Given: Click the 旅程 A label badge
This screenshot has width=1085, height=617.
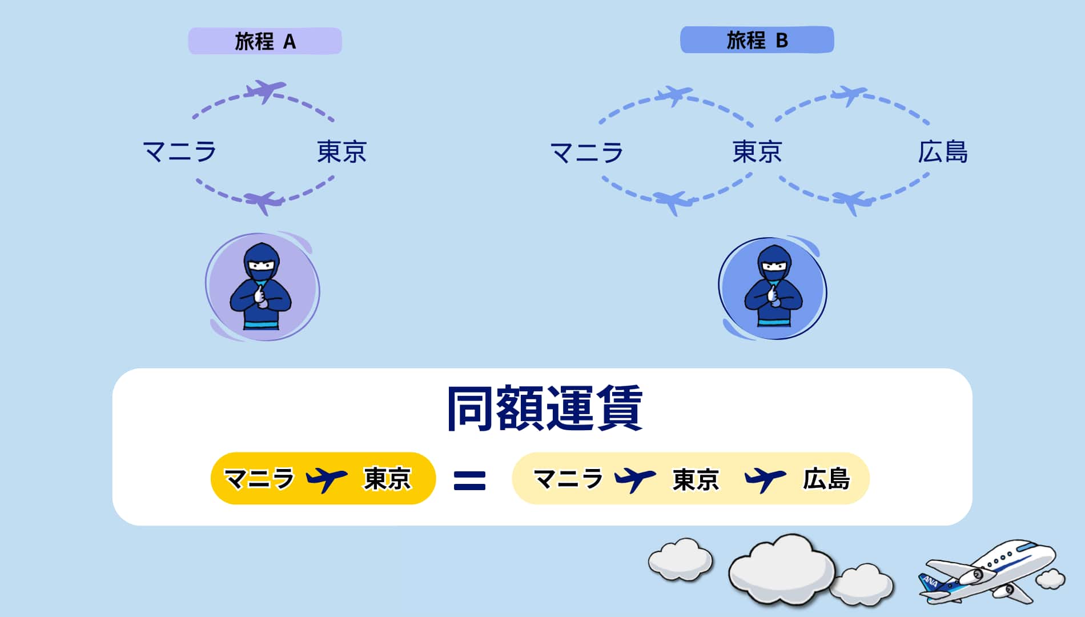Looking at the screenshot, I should click(x=265, y=41).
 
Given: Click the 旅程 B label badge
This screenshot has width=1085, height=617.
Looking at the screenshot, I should click(x=757, y=40).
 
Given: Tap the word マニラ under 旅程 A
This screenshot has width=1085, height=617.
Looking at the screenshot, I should click(x=179, y=152).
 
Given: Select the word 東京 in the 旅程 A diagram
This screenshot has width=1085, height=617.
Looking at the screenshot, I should click(x=341, y=152).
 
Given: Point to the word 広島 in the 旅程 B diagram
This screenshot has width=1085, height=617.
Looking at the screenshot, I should click(x=942, y=152).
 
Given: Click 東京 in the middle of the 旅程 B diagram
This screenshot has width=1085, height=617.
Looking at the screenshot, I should click(x=757, y=152).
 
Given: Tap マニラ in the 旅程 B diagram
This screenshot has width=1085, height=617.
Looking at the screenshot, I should click(x=586, y=153).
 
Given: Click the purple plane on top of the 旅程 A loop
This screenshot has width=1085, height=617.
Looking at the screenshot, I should click(x=264, y=91).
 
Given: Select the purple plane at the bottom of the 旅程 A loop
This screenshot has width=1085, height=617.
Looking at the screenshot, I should click(x=264, y=201).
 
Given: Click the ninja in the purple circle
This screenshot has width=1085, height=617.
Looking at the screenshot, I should click(x=261, y=287).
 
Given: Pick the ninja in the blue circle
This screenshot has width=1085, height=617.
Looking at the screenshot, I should click(x=773, y=287).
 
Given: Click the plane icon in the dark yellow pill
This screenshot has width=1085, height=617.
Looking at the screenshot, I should click(x=327, y=478).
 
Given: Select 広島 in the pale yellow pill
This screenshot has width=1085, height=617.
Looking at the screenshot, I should click(x=826, y=479).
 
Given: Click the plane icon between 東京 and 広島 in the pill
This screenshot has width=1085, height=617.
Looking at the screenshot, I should click(x=765, y=478).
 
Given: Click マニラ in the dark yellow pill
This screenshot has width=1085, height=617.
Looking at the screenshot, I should click(x=259, y=478).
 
